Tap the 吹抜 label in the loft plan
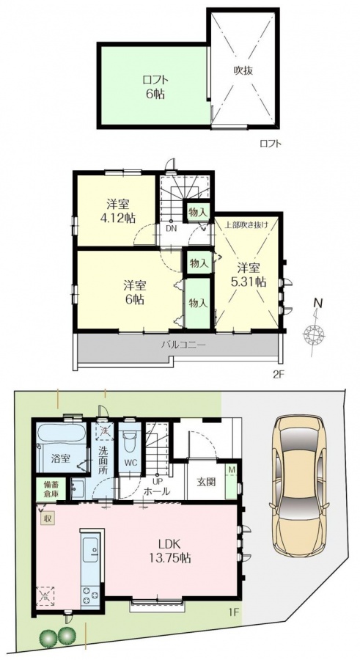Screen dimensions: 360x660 (x=243, y=70)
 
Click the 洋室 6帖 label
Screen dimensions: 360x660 (x=134, y=293)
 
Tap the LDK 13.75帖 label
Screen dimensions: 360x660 (x=169, y=551)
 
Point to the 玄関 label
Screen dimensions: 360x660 (x=206, y=481)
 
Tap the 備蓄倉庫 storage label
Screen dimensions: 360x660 (x=50, y=490)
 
